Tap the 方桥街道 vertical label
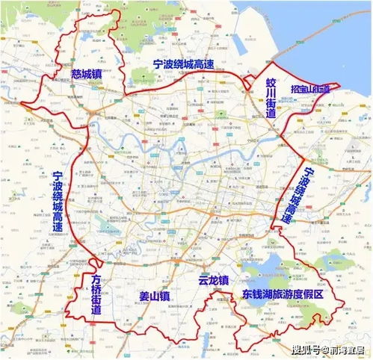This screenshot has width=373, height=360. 96,294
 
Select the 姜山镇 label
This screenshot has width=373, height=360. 155,296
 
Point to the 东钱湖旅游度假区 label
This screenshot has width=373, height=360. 282,295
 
